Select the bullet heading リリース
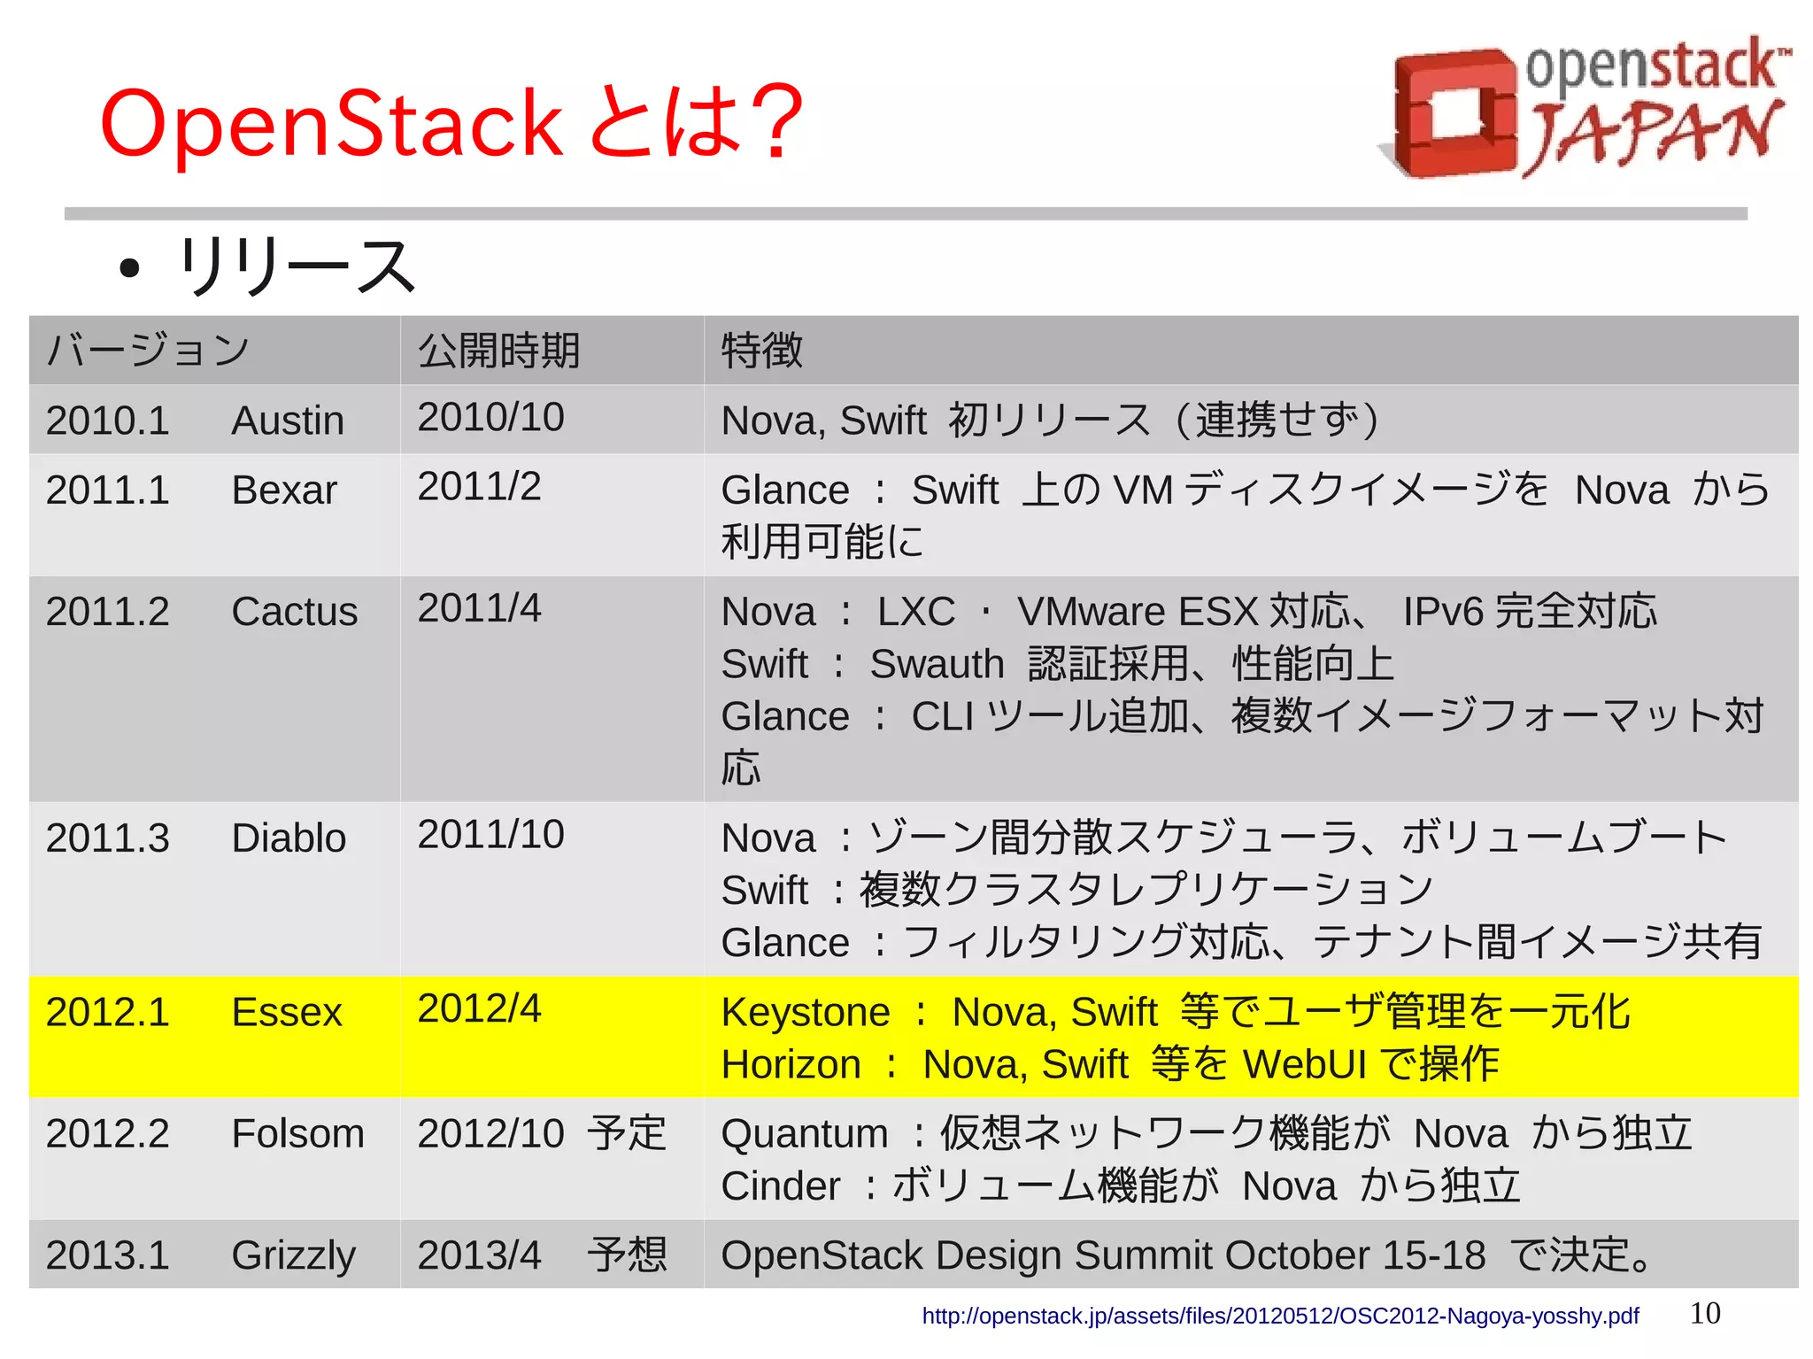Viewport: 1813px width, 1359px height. click(x=296, y=266)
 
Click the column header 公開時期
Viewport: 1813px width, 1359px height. click(x=498, y=351)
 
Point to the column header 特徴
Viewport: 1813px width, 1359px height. click(x=761, y=351)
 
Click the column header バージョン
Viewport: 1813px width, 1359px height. click(x=148, y=351)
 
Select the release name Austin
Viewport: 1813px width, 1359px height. click(x=288, y=421)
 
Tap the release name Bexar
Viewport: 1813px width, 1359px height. click(x=284, y=490)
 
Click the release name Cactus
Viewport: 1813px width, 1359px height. click(x=294, y=612)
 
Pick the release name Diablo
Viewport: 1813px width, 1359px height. click(x=289, y=838)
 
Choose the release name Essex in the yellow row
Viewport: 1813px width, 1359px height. click(x=286, y=1012)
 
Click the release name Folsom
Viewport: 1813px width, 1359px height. click(x=297, y=1133)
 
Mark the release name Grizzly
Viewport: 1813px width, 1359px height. click(x=293, y=1255)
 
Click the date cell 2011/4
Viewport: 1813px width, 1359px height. click(x=479, y=608)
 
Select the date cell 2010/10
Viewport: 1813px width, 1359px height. click(x=490, y=417)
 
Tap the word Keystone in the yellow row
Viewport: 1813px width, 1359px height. click(x=806, y=1012)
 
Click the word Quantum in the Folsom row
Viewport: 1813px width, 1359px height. click(x=805, y=1133)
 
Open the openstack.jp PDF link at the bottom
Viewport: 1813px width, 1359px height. click(x=1280, y=1316)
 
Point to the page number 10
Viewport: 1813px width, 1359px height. click(x=1705, y=1313)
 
